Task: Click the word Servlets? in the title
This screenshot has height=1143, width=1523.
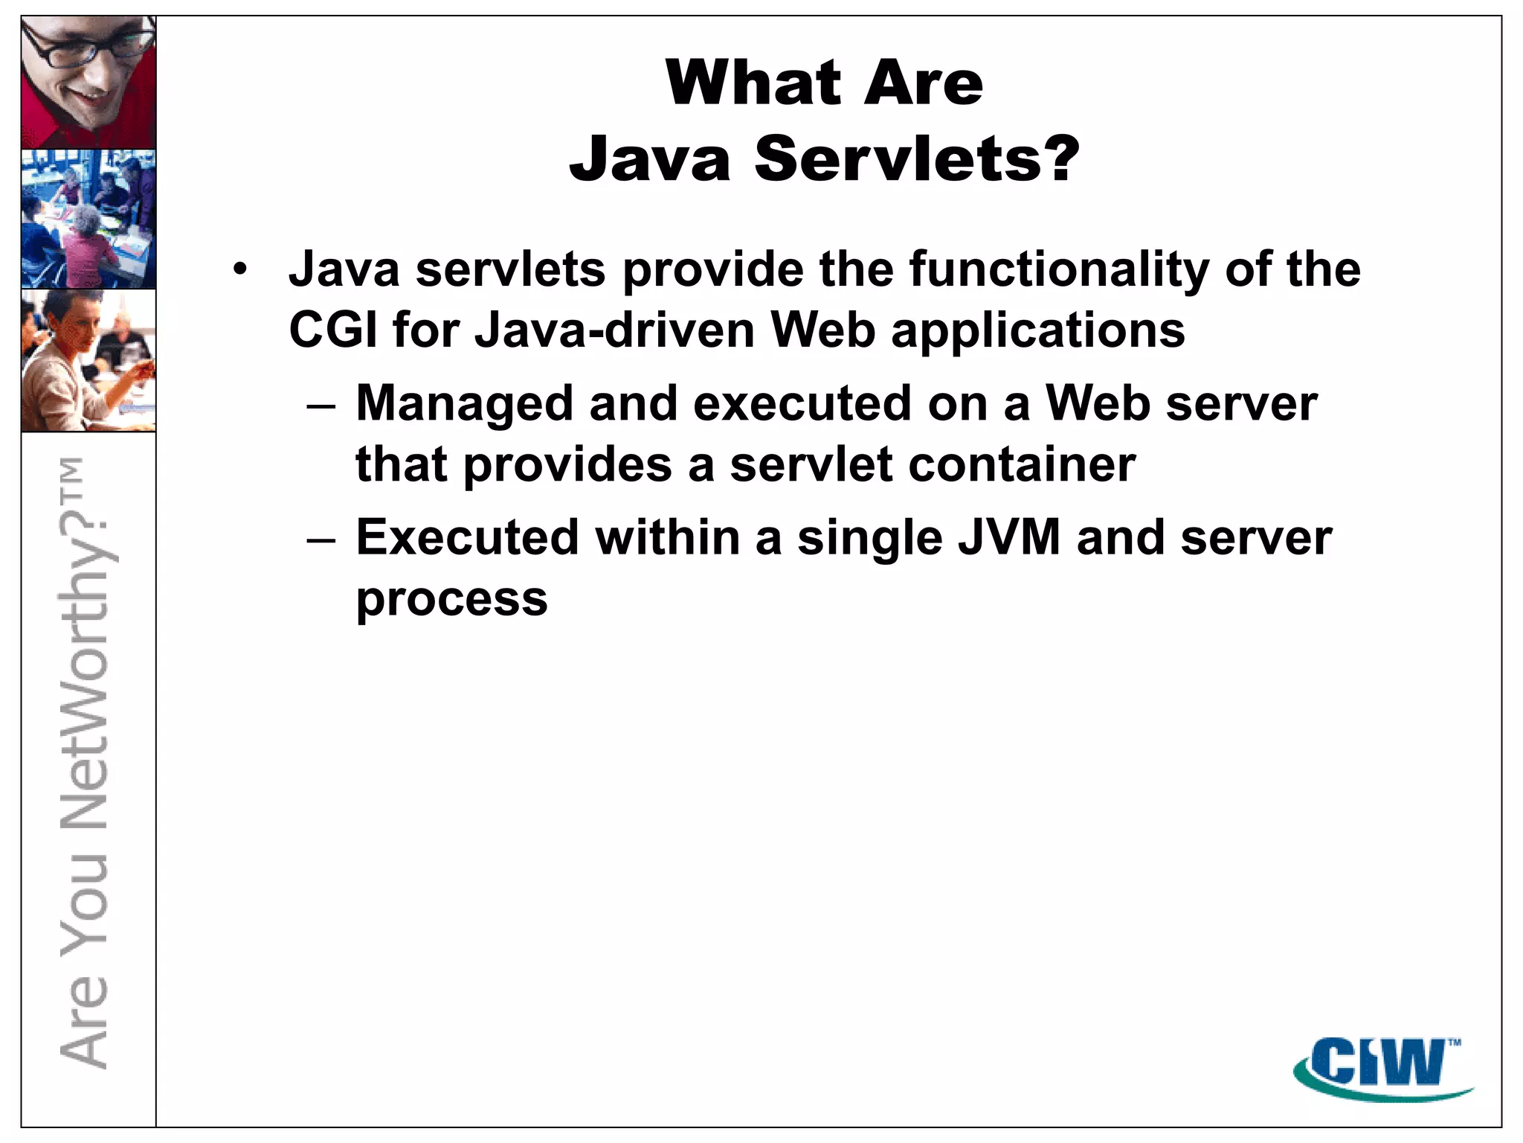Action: (916, 159)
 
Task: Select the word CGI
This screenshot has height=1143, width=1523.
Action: (332, 330)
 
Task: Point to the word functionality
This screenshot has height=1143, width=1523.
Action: (1059, 269)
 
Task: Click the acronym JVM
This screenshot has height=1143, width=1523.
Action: (1008, 537)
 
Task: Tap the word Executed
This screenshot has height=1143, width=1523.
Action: (467, 537)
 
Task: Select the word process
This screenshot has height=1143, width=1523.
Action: (451, 599)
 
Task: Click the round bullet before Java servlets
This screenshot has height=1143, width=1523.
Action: (239, 269)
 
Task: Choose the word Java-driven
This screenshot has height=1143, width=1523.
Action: (614, 330)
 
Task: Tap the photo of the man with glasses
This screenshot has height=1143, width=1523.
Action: (88, 82)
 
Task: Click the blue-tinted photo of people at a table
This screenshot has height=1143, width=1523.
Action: (88, 219)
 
